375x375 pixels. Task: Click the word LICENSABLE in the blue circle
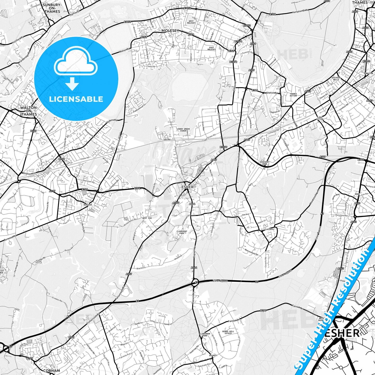coord(76,99)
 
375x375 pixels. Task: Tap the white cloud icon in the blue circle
coord(76,64)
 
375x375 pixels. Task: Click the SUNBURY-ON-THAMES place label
coord(52,8)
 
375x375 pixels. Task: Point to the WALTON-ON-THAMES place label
coord(29,111)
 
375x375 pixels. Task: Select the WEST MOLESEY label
coord(191,22)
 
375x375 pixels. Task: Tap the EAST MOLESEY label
coord(212,49)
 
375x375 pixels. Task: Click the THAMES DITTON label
coord(293,95)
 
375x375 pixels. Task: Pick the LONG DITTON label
coord(320,119)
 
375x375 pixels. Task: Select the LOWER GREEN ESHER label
coord(183,130)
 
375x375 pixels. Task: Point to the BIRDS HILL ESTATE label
coord(228,332)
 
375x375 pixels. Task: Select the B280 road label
coord(263,310)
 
